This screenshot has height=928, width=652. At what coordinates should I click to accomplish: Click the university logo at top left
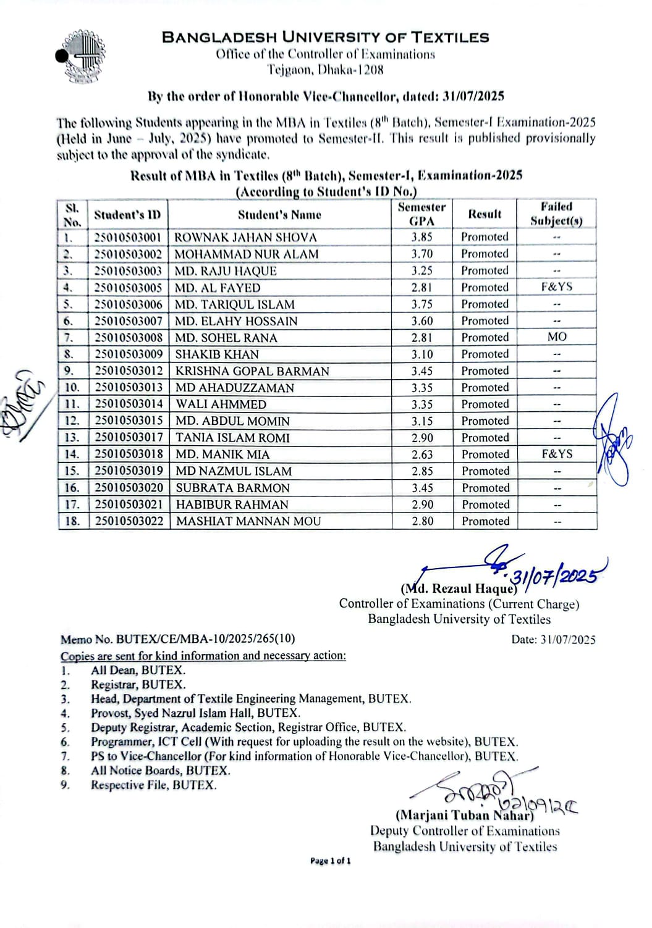click(x=80, y=56)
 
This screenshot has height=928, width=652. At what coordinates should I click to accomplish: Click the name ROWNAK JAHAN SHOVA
click(x=245, y=237)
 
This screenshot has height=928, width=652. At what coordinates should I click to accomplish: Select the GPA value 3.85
click(x=422, y=236)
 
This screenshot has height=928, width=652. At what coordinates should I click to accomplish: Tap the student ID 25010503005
click(x=128, y=288)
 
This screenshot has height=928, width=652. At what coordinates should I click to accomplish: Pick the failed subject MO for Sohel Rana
click(x=557, y=337)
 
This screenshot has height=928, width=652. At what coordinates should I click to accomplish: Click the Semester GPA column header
click(x=421, y=214)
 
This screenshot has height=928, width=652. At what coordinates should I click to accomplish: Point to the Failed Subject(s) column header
click(x=556, y=214)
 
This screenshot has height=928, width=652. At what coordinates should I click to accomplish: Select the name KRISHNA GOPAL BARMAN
click(x=252, y=371)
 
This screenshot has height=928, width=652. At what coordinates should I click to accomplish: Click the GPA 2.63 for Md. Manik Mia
click(x=423, y=454)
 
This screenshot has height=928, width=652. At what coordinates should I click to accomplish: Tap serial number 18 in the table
click(x=72, y=521)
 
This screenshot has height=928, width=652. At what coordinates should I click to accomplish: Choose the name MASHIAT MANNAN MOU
click(x=248, y=521)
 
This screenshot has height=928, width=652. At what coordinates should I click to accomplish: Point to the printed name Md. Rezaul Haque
click(x=459, y=588)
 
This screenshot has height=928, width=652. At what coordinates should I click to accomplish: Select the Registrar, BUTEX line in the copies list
click(x=138, y=685)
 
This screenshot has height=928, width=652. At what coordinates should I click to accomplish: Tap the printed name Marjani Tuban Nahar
click(x=464, y=816)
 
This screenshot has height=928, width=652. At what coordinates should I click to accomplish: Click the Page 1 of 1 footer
click(x=331, y=861)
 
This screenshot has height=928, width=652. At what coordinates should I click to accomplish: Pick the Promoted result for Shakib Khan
click(x=485, y=354)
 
